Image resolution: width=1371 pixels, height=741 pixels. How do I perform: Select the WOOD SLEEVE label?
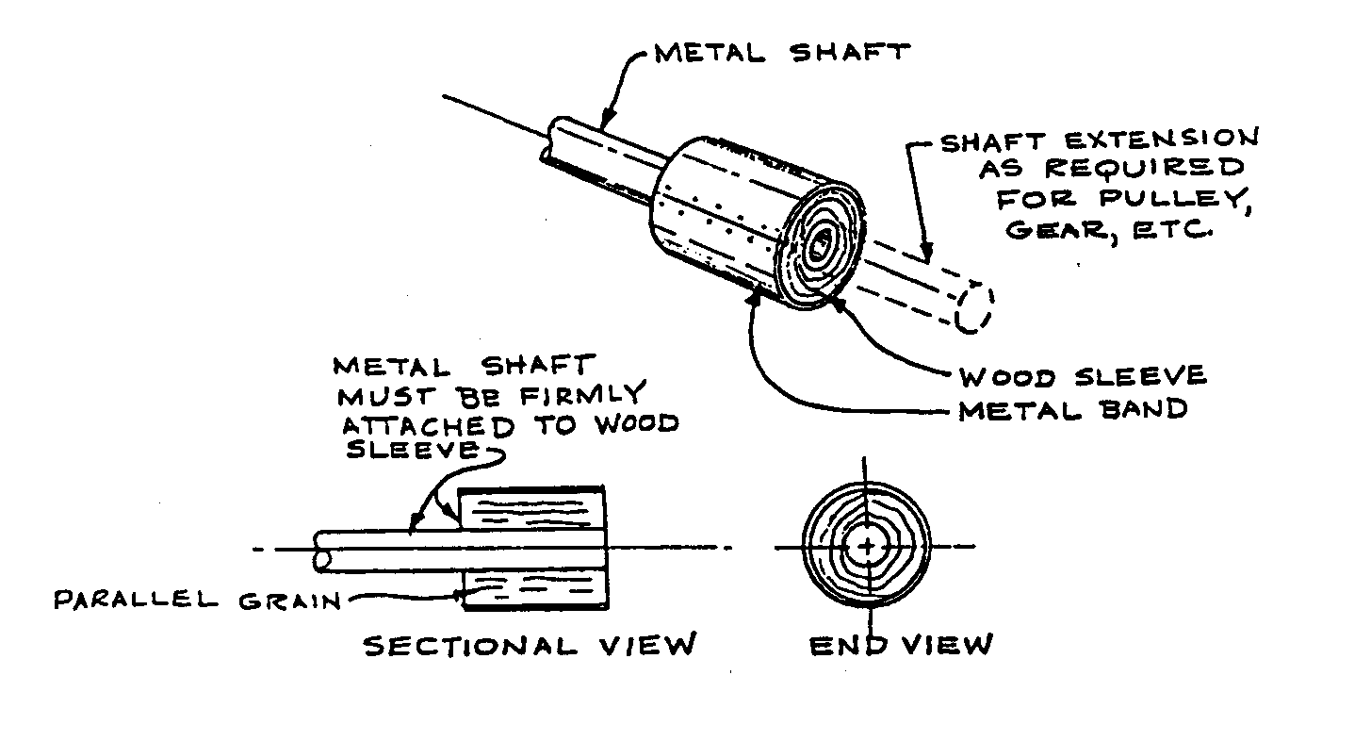(x=1082, y=377)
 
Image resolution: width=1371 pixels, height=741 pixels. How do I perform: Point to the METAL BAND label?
(x=1072, y=410)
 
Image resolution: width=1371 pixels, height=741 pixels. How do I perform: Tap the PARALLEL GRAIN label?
(x=196, y=600)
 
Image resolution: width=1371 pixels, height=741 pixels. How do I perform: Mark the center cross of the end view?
(x=867, y=546)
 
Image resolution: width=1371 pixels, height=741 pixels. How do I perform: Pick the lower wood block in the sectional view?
(x=530, y=589)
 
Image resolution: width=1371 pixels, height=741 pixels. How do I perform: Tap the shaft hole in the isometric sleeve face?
(x=818, y=247)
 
